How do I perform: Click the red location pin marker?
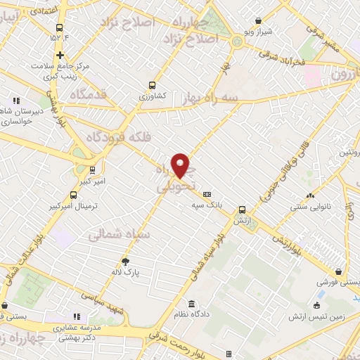pos(181,165)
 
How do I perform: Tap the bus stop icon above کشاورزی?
pos(152,84)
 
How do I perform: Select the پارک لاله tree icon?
pos(126,262)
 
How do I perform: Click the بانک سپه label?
pos(209,205)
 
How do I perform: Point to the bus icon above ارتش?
pos(242,209)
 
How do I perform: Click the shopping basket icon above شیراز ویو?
pos(259,21)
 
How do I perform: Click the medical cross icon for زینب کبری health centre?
pos(61,54)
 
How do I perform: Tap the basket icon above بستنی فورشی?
pos(340,271)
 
